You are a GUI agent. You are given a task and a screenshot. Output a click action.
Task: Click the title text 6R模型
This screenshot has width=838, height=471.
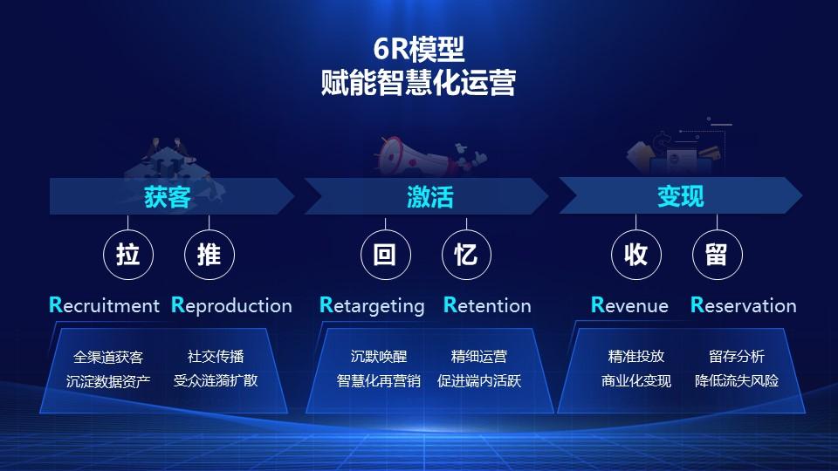[418, 50]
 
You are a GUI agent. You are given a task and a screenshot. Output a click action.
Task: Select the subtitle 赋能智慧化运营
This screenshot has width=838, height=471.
[418, 84]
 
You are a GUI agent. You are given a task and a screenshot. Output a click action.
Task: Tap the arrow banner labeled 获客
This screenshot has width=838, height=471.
[168, 196]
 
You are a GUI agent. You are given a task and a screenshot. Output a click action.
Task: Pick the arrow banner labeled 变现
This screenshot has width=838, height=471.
[680, 196]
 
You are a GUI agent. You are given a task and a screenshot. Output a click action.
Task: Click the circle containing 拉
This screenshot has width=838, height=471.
[127, 255]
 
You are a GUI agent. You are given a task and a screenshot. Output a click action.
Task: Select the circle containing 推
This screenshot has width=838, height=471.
[209, 255]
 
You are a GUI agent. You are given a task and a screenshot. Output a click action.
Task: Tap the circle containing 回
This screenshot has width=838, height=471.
[385, 255]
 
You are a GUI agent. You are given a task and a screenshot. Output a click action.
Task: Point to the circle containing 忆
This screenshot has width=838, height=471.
[465, 255]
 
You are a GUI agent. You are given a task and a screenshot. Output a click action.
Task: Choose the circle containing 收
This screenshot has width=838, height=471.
[635, 255]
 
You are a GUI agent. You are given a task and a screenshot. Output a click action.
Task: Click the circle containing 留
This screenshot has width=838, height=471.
[716, 255]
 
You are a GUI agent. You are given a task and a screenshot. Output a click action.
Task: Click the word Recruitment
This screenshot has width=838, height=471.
[105, 305]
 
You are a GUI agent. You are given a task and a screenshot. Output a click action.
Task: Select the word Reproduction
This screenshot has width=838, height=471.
[231, 305]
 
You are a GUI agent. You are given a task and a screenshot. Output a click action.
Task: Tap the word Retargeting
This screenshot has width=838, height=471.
[372, 305]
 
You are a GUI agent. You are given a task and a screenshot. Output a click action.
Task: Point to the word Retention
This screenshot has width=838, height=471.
[487, 305]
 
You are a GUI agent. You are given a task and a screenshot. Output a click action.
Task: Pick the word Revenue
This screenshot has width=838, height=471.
[629, 305]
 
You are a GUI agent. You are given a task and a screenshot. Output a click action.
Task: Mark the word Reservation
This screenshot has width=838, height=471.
[744, 305]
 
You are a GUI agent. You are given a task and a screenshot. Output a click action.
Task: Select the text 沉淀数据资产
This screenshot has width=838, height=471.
[108, 381]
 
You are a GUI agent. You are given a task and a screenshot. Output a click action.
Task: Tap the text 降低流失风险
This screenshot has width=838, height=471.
[737, 381]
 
